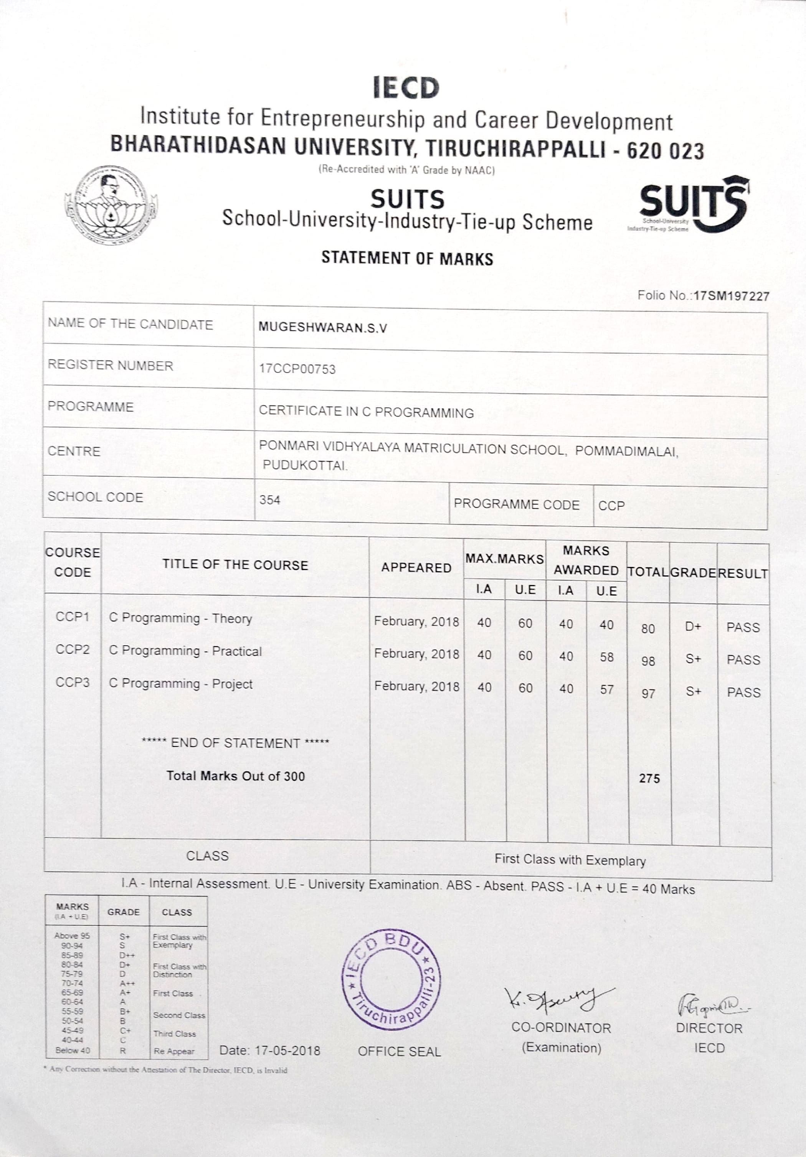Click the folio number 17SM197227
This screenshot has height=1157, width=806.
coord(731,296)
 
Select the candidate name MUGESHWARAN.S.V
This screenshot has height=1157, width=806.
coord(323,328)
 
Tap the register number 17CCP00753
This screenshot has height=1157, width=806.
coord(297,369)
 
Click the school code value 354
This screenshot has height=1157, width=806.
coord(270,500)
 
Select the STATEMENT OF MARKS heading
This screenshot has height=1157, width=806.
coord(407,258)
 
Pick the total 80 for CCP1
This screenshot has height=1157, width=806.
coord(648,628)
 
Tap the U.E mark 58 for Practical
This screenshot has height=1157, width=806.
coord(606,657)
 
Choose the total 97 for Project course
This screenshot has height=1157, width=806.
coord(648,694)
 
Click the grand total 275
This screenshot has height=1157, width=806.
coord(649,778)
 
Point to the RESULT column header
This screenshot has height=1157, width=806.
coord(743,574)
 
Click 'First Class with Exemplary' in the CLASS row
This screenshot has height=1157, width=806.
coord(570,860)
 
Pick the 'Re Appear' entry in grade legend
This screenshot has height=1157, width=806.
coord(174,1051)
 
